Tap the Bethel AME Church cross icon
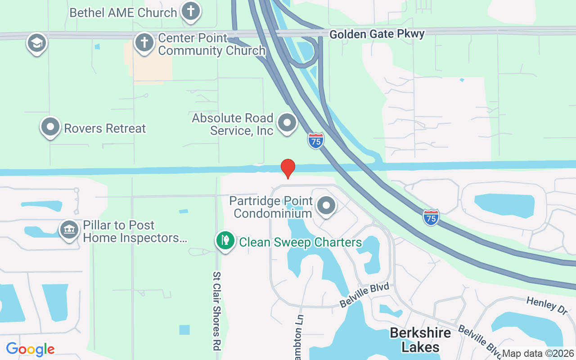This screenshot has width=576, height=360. pyautogui.click(x=191, y=11)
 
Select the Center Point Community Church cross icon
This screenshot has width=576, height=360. pyautogui.click(x=144, y=43)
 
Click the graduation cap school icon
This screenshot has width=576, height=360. pyautogui.click(x=36, y=43)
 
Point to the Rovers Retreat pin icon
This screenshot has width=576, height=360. pyautogui.click(x=50, y=127)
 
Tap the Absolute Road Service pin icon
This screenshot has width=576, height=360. pyautogui.click(x=287, y=122)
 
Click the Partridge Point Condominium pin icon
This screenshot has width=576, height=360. pyautogui.click(x=326, y=206)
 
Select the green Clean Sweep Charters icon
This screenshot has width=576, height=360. pyautogui.click(x=225, y=241)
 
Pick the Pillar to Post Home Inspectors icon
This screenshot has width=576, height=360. pyautogui.click(x=69, y=230)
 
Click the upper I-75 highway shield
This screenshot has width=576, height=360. pyautogui.click(x=316, y=141)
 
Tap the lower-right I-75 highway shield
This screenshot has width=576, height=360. pyautogui.click(x=431, y=217)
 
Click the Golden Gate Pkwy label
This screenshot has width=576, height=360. pyautogui.click(x=377, y=34)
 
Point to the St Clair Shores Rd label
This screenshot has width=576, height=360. pyautogui.click(x=217, y=311)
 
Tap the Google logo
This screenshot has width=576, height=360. pyautogui.click(x=30, y=349)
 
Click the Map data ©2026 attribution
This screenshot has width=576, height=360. pyautogui.click(x=538, y=353)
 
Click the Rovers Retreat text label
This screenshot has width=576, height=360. pyautogui.click(x=105, y=128)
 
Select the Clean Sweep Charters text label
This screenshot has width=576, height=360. pyautogui.click(x=300, y=243)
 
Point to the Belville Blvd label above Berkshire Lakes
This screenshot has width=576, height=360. pyautogui.click(x=364, y=295)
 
